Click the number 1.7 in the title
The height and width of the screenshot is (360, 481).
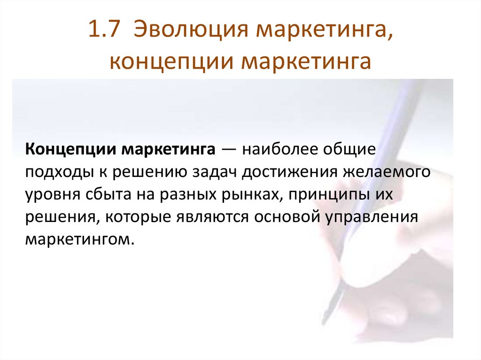click(x=104, y=32)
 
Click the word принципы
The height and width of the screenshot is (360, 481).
click(x=325, y=195)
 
